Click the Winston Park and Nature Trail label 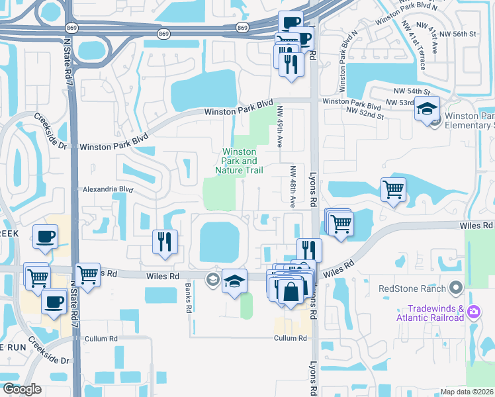pos(239,161)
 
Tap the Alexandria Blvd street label pos(108,189)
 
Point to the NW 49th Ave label pos(280,126)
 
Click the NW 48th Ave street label pos(291,187)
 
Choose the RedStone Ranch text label pos(410,288)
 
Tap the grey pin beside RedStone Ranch pos(455,287)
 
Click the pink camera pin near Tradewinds pos(473,311)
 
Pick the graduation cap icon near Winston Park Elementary pos(427,108)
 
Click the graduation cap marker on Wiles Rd pos(234,281)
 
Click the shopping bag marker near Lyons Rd pos(291,290)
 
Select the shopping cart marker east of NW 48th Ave pos(393,190)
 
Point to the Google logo pos(22,389)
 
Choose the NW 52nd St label pos(367,115)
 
